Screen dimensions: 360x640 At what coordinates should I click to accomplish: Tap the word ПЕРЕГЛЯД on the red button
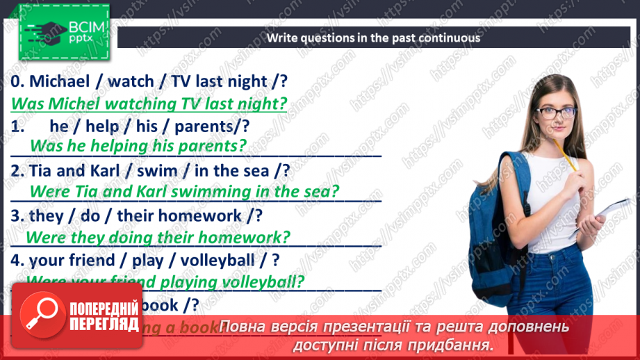pos(104,323)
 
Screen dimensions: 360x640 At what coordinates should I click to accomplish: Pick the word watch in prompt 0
pos(131,81)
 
